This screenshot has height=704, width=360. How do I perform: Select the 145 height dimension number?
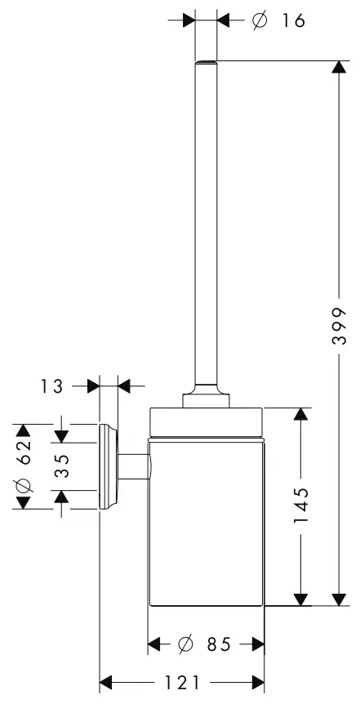[302, 506]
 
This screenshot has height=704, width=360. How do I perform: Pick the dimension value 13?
[51, 386]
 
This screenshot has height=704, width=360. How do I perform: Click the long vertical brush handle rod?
[207, 221]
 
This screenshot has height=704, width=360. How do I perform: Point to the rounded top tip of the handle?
[207, 63]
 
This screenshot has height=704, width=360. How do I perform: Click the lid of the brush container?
[207, 421]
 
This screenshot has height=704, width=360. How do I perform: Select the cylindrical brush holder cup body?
[207, 523]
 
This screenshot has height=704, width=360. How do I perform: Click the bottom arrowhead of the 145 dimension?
[302, 599]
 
